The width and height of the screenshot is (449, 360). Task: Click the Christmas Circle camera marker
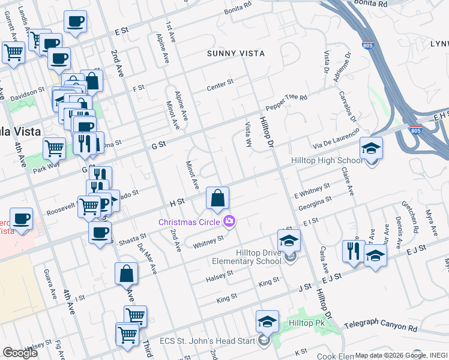click(229, 222)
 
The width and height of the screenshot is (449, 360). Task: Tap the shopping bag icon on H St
click(218, 198)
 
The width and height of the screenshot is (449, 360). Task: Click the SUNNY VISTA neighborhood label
click(235, 53)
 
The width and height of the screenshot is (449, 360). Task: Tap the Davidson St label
click(28, 94)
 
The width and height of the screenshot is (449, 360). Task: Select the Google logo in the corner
click(20, 353)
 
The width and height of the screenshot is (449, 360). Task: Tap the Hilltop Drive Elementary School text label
click(247, 257)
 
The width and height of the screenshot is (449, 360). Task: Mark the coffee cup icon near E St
click(75, 23)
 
